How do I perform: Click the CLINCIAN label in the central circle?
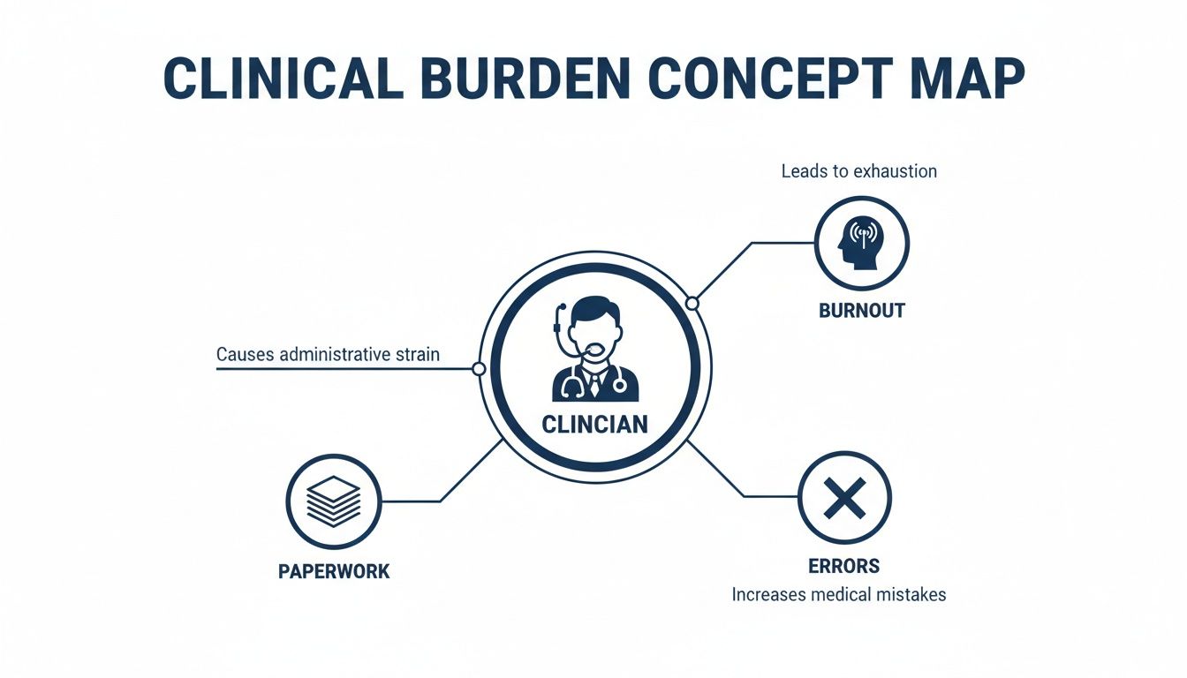594,425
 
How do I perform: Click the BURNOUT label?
862,311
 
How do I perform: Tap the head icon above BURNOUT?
860,243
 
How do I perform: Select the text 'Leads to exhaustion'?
858,171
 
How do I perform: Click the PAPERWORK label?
334,571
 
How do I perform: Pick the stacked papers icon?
334,501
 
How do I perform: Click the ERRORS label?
843,566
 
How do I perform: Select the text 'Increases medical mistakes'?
839,595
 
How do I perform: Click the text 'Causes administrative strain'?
329,355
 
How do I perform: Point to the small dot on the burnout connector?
692,304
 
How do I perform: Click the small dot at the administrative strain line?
479,369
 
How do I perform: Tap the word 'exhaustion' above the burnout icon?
893,171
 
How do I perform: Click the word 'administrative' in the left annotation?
334,355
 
